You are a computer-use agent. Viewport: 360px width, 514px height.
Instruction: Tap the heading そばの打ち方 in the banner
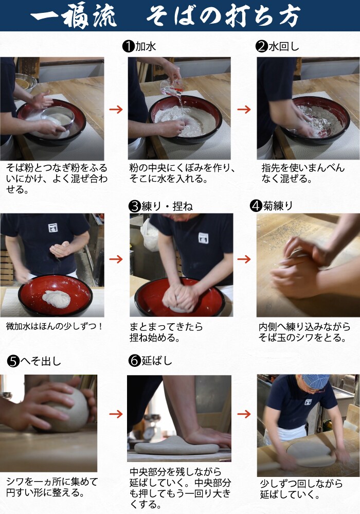(223, 16)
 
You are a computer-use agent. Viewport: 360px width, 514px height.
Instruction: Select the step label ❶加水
(139, 46)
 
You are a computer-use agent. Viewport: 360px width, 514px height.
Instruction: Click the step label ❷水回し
(277, 46)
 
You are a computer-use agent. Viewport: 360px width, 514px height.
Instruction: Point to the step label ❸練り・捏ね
(161, 206)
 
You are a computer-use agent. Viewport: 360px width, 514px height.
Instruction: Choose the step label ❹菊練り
(271, 205)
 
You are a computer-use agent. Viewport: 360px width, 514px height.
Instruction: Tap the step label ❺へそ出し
(34, 361)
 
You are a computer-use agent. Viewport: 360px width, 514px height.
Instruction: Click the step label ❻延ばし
(150, 361)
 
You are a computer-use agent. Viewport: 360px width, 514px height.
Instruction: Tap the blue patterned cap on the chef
(315, 381)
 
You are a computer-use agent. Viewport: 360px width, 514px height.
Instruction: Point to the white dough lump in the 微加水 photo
(57, 298)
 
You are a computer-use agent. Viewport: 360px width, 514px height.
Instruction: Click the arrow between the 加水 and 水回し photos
(244, 109)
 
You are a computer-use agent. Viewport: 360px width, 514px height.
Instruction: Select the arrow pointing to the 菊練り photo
(244, 259)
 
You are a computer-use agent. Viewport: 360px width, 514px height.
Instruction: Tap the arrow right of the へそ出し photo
(116, 414)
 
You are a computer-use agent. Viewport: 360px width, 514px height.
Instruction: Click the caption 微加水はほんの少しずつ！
(55, 327)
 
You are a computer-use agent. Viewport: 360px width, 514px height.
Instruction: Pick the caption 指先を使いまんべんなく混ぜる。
(303, 173)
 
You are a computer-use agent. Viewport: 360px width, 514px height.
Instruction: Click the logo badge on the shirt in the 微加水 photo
(53, 227)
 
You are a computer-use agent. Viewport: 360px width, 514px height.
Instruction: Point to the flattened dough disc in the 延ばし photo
(176, 445)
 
